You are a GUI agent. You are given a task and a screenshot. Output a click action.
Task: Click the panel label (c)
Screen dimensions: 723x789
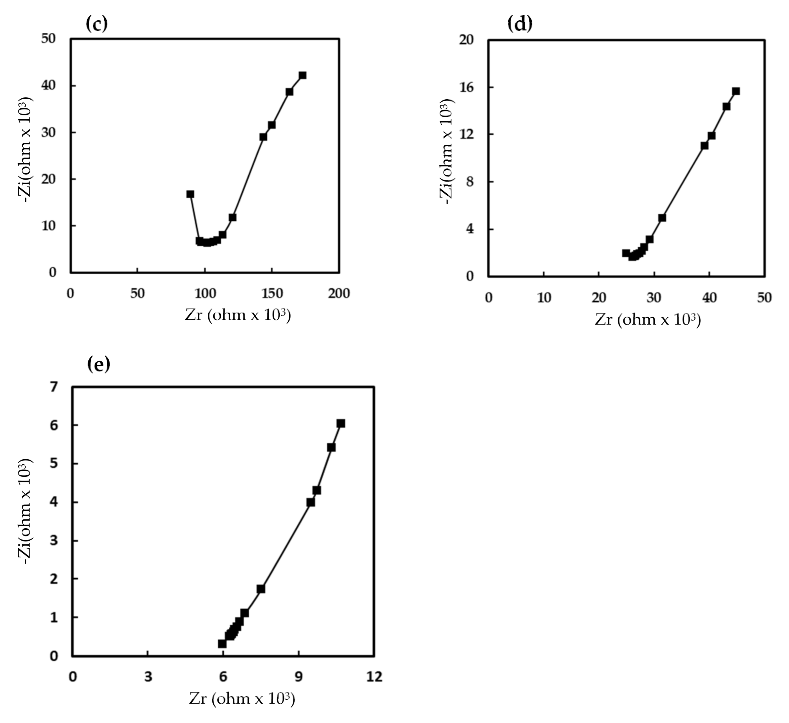(96, 24)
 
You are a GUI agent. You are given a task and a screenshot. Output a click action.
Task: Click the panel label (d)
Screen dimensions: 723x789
(520, 24)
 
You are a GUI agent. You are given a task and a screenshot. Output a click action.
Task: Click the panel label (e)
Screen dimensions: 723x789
(99, 364)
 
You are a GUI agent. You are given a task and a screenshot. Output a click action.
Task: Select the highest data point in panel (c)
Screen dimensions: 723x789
(302, 75)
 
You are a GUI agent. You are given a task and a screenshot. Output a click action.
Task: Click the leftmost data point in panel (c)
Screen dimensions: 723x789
(190, 194)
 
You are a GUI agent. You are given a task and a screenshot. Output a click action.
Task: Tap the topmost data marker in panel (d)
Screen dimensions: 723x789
(736, 91)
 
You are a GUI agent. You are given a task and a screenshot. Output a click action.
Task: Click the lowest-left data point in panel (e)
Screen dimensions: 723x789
(222, 644)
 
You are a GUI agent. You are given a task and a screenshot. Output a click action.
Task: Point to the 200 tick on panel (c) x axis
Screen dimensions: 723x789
(339, 294)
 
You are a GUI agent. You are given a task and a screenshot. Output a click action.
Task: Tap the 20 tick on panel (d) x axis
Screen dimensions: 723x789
(599, 298)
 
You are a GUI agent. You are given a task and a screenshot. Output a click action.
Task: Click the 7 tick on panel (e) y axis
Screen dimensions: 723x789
(53, 386)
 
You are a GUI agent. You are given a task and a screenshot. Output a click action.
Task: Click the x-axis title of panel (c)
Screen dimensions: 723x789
(238, 315)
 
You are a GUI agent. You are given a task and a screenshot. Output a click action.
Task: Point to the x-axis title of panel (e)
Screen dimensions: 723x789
(242, 699)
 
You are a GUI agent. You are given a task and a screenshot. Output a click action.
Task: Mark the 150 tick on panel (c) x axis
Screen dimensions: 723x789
(272, 294)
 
